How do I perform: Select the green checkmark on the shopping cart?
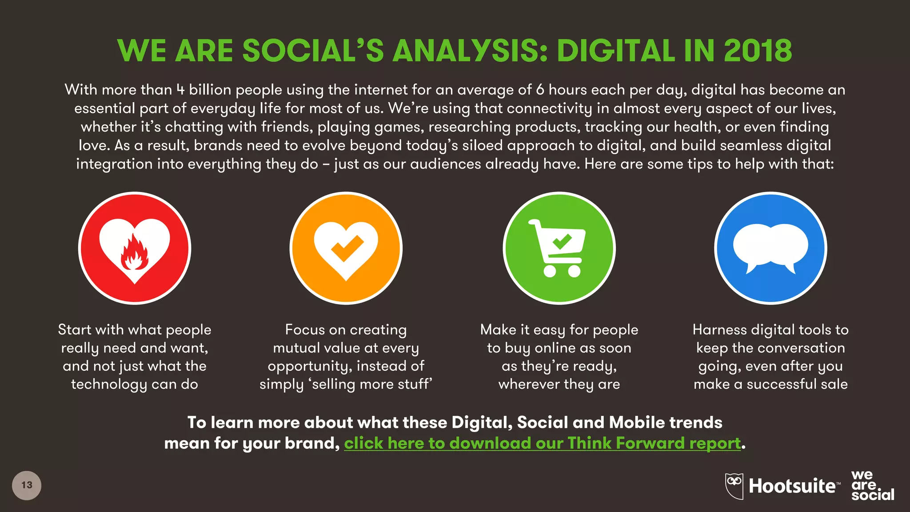[562, 241]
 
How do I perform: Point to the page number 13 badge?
[27, 485]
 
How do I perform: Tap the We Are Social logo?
[872, 485]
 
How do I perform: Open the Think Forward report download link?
[543, 443]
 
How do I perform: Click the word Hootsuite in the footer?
[792, 486]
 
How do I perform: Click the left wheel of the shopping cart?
[550, 271]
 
